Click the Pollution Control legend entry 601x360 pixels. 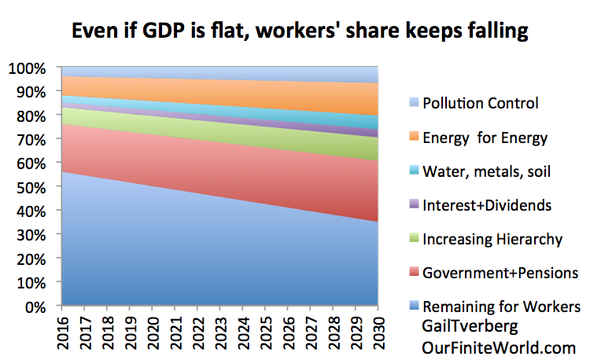480,102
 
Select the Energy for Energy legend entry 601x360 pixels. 485,138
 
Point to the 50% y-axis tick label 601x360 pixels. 28,187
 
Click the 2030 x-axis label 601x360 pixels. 378,330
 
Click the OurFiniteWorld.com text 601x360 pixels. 488,347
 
